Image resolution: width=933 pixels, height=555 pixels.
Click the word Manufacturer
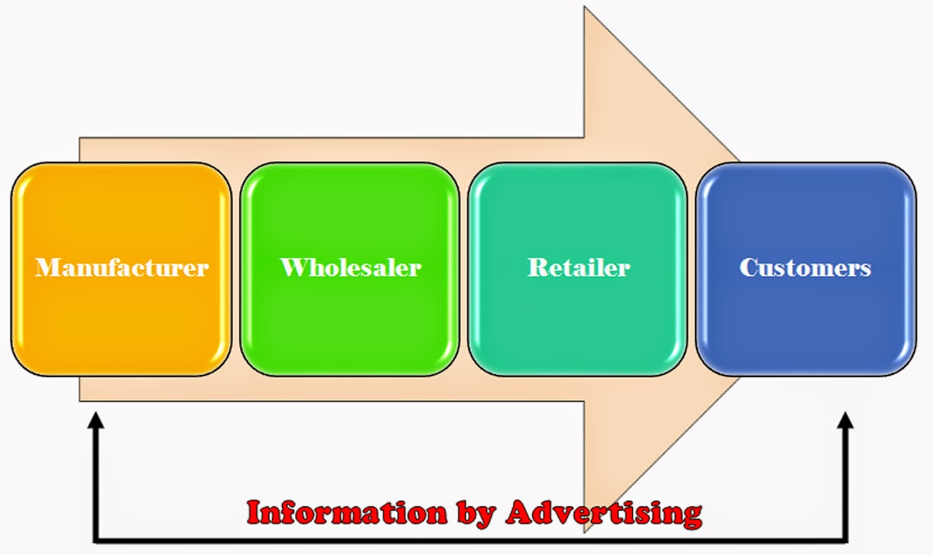pos(122,268)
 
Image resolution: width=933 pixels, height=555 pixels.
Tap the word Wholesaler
pos(351,268)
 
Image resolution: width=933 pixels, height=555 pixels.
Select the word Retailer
pos(579,268)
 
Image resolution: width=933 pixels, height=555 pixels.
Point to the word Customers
pos(806,268)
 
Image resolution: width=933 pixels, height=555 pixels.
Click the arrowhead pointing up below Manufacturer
pos(95,420)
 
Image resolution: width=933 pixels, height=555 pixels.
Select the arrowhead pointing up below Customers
pos(845,420)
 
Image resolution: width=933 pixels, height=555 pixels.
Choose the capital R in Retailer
pos(537,268)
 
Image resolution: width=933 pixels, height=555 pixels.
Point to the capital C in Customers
pos(749,268)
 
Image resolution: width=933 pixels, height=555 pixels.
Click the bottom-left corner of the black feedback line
pos(95,541)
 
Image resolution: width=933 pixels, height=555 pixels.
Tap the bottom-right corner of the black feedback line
pos(845,541)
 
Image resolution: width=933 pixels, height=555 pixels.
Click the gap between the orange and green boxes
pos(236,268)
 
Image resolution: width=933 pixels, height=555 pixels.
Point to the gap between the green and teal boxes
pos(463,268)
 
